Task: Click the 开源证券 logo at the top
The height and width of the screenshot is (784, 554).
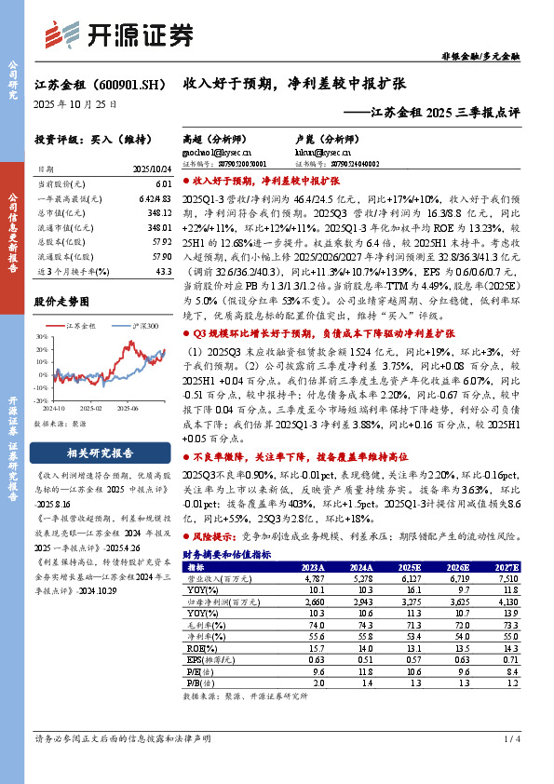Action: (141, 34)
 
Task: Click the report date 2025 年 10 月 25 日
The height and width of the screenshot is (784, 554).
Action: (75, 105)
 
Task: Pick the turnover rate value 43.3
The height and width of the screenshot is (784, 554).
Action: (165, 271)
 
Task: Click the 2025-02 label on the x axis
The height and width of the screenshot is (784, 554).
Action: (90, 408)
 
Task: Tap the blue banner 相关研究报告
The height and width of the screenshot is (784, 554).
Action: (101, 453)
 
